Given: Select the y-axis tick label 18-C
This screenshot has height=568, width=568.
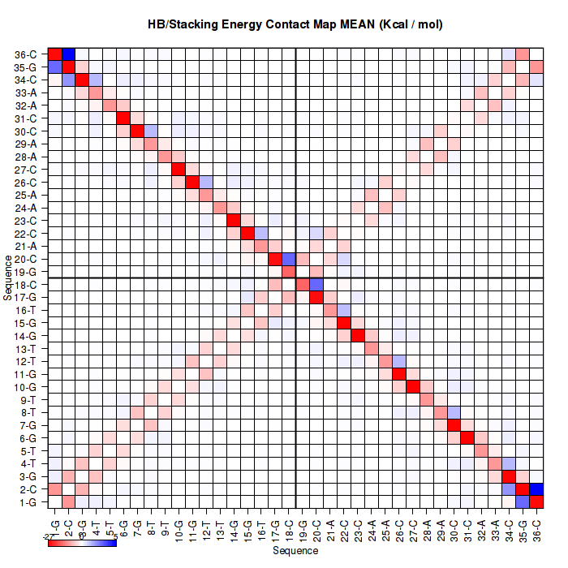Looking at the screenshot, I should click(x=26, y=284).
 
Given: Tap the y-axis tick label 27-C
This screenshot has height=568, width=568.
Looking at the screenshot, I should click(x=26, y=170).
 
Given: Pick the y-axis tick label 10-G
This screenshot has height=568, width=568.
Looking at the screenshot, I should click(x=26, y=386).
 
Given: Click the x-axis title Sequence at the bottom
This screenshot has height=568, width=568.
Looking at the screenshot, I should click(x=295, y=551).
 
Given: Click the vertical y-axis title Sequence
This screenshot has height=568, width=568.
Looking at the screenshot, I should click(x=7, y=278).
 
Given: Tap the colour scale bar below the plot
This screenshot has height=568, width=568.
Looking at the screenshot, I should click(x=82, y=542).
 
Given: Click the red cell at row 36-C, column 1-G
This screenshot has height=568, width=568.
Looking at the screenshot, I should click(x=55, y=54).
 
